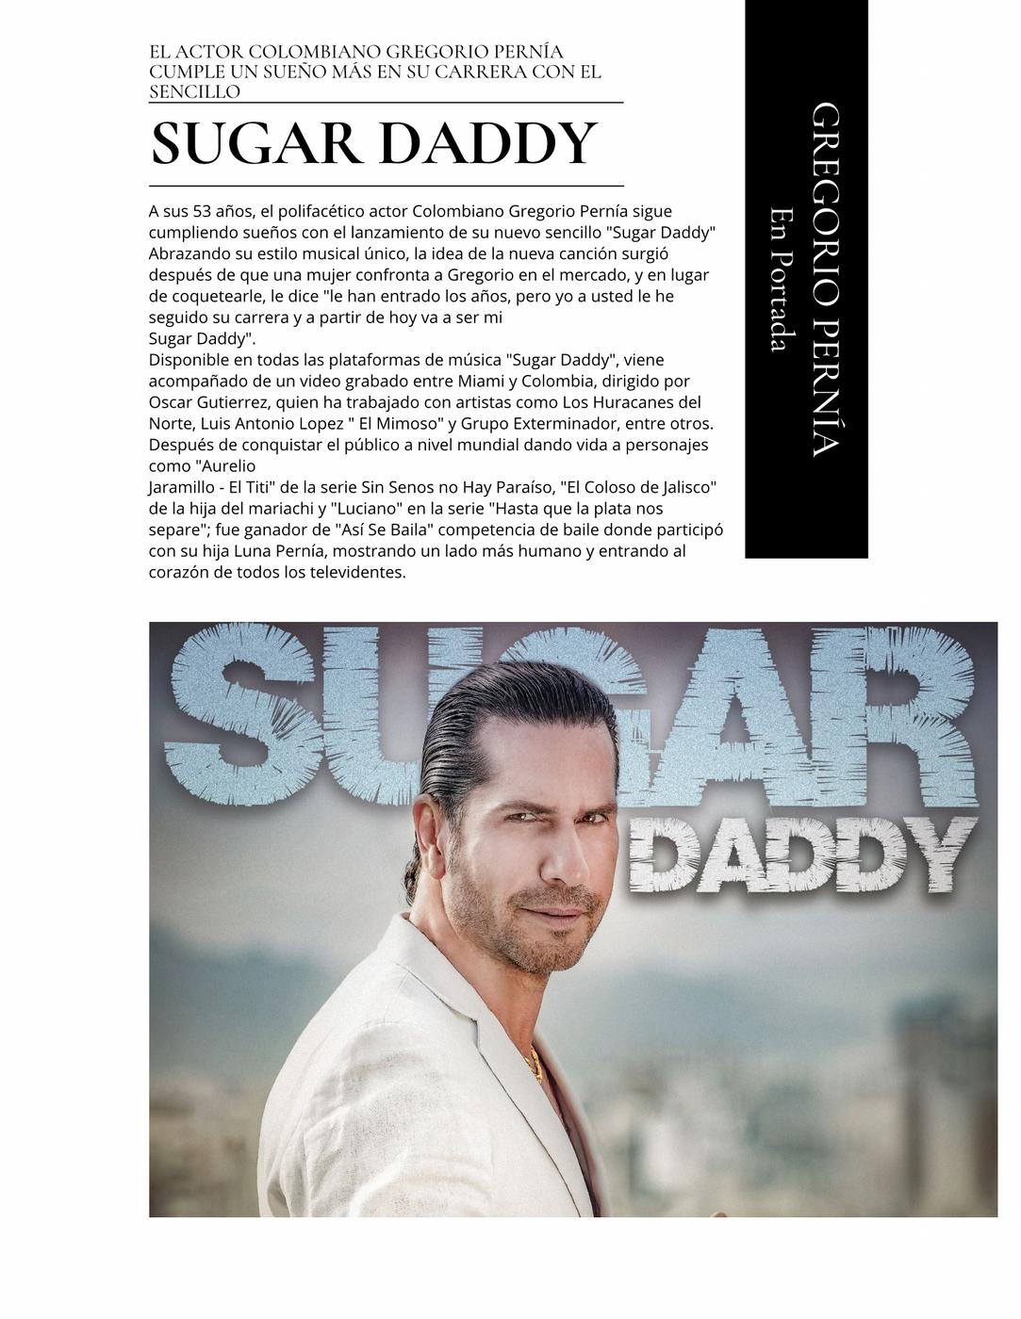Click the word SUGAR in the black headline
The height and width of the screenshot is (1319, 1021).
pyautogui.click(x=256, y=143)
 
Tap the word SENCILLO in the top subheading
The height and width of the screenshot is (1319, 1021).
pyautogui.click(x=194, y=91)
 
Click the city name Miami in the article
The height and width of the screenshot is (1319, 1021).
pyautogui.click(x=480, y=381)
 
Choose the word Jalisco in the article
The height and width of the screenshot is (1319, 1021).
pyautogui.click(x=685, y=487)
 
